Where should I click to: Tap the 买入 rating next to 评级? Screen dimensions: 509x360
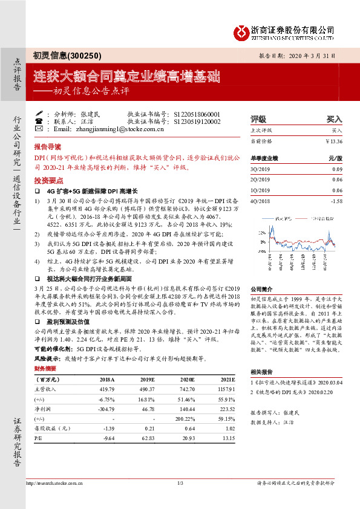(x=334, y=120)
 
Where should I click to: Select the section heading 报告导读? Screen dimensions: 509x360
(x=48, y=146)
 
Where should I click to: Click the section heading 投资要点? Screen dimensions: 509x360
(x=48, y=180)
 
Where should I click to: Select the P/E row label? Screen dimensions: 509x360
(x=39, y=438)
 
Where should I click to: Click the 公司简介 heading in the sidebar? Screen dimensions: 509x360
(x=263, y=290)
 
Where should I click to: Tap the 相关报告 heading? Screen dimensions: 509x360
(x=263, y=372)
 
